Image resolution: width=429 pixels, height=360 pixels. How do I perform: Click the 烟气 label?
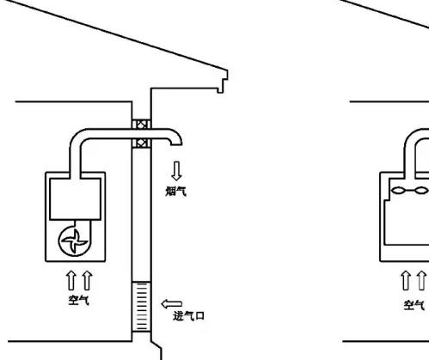[x=176, y=192]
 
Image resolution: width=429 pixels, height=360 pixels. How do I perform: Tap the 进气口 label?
[x=188, y=316]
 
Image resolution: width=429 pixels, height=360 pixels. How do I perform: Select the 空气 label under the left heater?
[x=79, y=300]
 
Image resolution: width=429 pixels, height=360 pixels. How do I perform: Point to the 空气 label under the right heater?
[x=414, y=305]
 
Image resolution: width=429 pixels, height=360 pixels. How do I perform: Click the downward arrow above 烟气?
[x=176, y=171]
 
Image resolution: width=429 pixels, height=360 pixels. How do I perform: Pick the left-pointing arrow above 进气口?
[x=172, y=304]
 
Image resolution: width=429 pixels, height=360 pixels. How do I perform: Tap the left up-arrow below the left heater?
[x=71, y=281]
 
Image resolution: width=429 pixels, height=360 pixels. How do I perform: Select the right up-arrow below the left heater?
[x=87, y=281]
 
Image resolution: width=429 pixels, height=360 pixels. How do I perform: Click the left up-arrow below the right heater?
[x=405, y=281]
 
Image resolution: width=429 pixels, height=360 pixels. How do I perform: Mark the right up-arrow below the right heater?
[x=421, y=281]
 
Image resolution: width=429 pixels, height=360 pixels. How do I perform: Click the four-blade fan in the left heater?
[x=75, y=241]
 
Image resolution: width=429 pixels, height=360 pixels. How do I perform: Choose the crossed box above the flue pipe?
[x=141, y=125]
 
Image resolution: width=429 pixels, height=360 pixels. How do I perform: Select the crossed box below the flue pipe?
[x=141, y=143]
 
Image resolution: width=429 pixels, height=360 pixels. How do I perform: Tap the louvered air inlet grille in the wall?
[x=141, y=307]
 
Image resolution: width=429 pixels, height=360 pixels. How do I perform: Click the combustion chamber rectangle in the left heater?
[x=76, y=199]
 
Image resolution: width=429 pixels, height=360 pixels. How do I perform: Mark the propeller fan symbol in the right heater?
[x=410, y=190]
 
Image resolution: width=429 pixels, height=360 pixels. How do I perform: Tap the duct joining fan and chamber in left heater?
[x=85, y=226]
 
